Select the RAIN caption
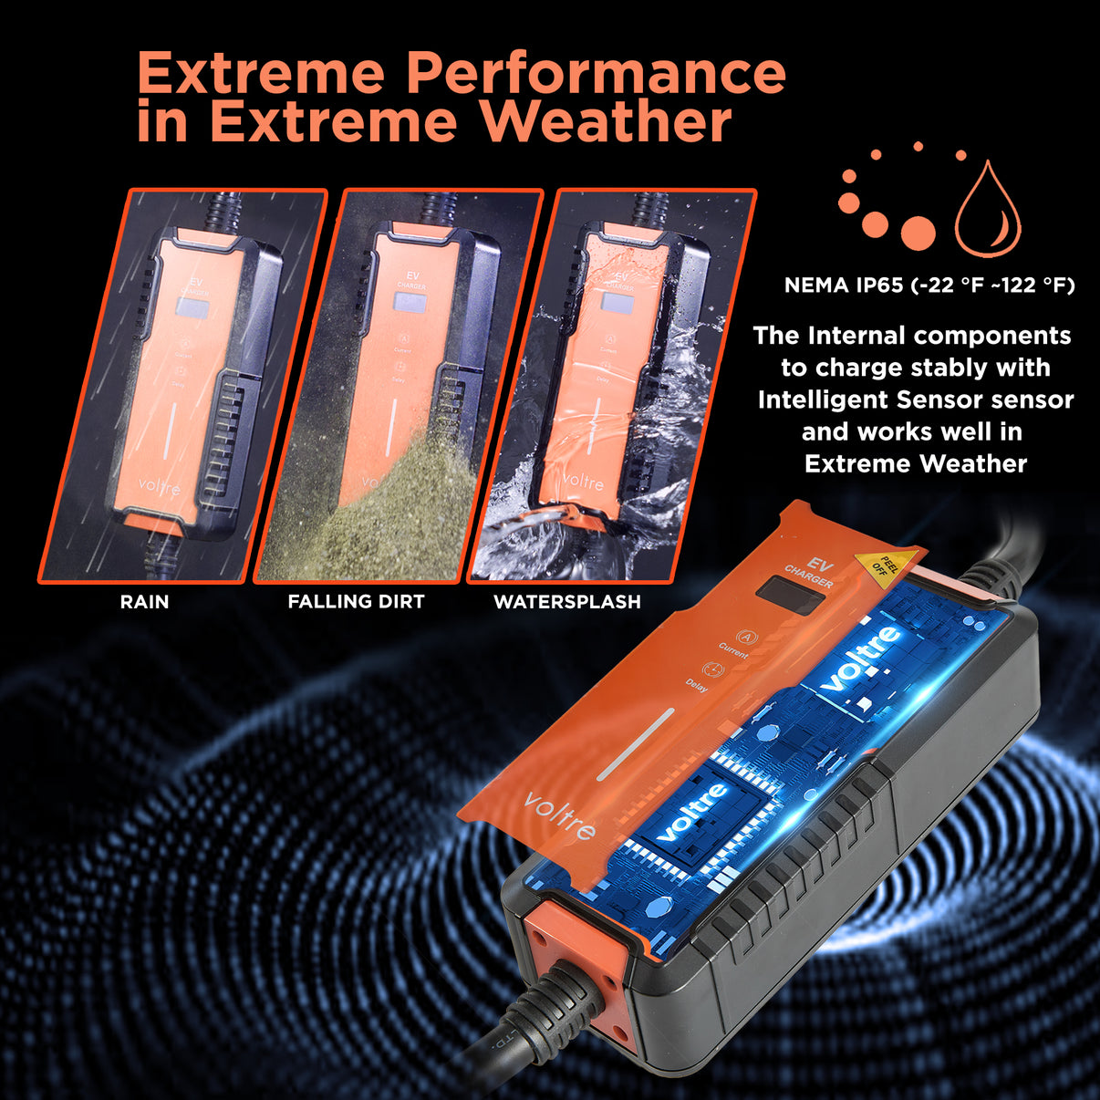coord(144,602)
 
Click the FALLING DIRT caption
coord(356,602)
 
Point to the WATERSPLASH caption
coord(566,602)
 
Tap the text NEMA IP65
coord(844,285)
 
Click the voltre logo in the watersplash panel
coord(582,481)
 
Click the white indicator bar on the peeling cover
coord(636,742)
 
